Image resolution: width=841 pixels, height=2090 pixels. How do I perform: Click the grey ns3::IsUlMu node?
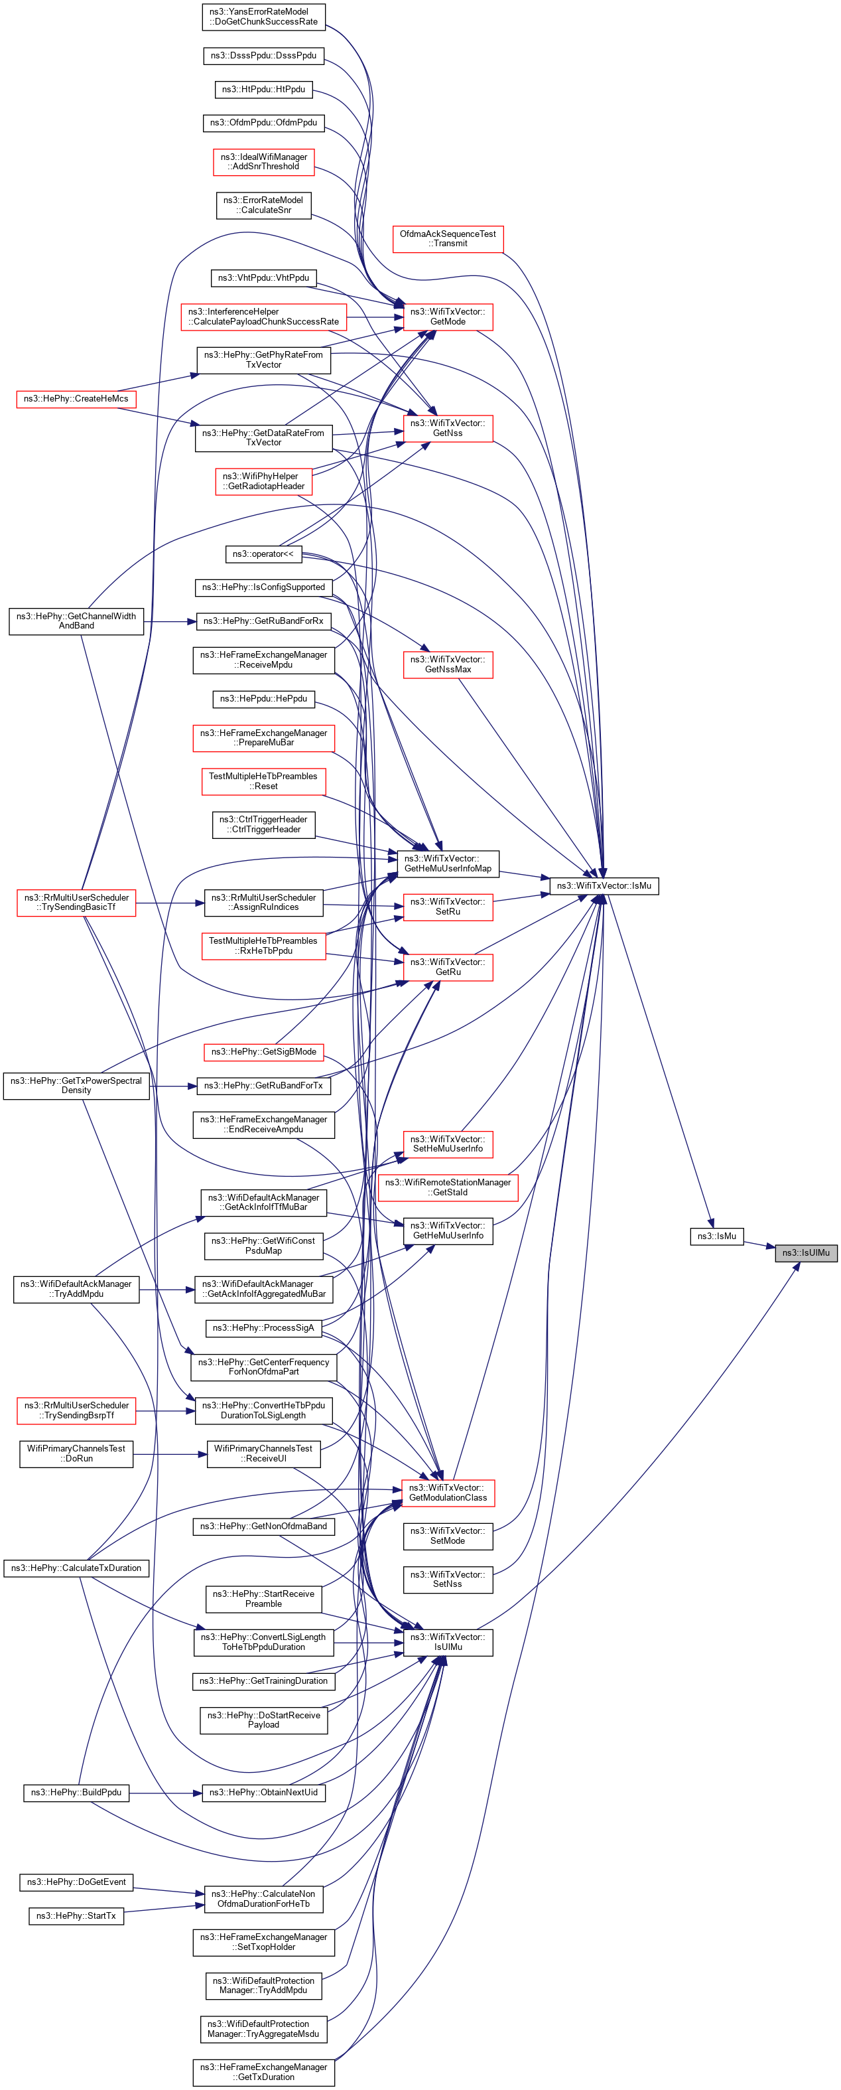coord(805,1252)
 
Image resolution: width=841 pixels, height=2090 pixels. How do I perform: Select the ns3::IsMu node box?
coord(716,1236)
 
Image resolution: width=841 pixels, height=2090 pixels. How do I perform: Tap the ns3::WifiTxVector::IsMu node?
coord(604,885)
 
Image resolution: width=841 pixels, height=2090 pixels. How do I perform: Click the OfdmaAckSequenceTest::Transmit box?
coord(448,238)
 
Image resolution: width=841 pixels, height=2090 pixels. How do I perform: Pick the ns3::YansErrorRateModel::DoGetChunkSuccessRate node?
coord(263,17)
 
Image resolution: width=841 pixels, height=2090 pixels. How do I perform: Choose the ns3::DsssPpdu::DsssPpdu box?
coord(263,55)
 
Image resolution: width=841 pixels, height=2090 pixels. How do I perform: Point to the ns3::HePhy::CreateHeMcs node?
coord(76,398)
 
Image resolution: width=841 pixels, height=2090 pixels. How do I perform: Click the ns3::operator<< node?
coord(263,554)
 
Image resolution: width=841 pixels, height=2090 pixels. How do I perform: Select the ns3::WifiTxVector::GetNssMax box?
coord(448,664)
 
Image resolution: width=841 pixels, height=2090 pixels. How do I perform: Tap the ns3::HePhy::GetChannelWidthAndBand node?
coord(76,621)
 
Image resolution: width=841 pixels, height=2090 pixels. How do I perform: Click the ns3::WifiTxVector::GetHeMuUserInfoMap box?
coord(448,863)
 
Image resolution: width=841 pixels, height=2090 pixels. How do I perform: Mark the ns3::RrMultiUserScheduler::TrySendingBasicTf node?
coord(76,902)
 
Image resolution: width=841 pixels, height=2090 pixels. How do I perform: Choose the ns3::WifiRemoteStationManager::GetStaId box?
coord(448,1187)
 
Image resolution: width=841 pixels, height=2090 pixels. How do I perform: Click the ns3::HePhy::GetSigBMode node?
coord(263,1051)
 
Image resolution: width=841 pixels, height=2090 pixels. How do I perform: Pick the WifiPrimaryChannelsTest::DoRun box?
coord(76,1453)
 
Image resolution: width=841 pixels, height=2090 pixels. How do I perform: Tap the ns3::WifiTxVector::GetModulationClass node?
coord(448,1492)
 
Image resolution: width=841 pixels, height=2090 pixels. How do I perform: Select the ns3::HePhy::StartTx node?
coord(76,1915)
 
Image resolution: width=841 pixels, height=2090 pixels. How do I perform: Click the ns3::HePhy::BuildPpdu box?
coord(76,1792)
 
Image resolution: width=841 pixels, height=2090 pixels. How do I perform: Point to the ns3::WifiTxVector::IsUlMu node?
coord(448,1641)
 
